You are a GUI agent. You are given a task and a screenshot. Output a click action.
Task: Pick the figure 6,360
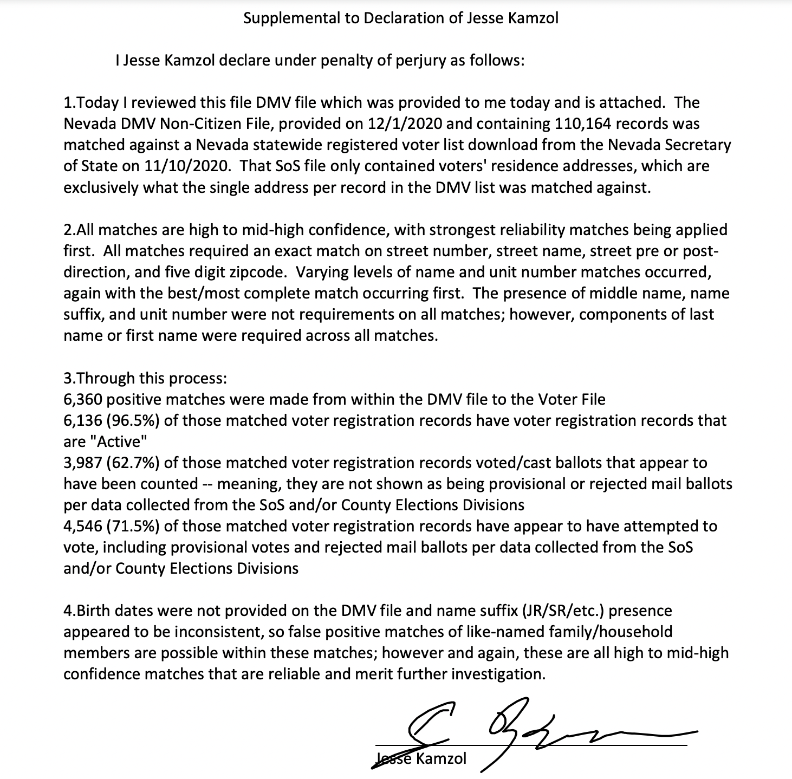(83, 399)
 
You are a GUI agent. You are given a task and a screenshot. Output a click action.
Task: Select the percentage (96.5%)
(134, 420)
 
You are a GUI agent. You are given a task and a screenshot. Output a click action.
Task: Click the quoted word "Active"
(121, 442)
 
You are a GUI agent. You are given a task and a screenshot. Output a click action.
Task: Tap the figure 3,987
(83, 463)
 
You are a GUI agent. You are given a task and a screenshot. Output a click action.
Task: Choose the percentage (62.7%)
(134, 463)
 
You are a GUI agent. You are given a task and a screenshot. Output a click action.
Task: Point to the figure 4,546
(83, 526)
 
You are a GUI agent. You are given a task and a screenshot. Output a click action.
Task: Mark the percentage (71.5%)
(134, 526)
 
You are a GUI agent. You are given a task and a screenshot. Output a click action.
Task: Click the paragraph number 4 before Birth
(68, 611)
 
